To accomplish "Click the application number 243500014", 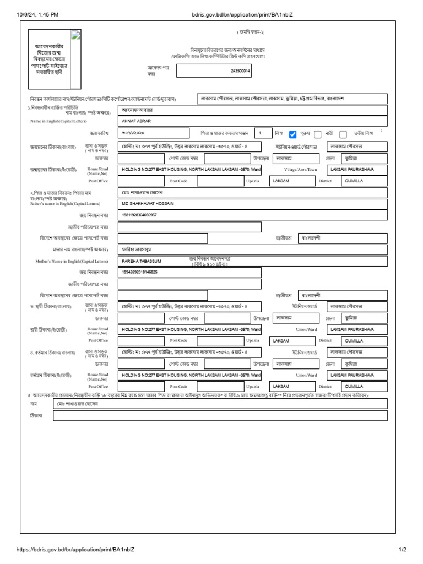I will pyautogui.click(x=240, y=71).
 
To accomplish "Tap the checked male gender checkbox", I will pyautogui.click(x=293, y=134).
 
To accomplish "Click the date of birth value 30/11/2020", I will pyautogui.click(x=134, y=133).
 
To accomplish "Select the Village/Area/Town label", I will pyautogui.click(x=301, y=169).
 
